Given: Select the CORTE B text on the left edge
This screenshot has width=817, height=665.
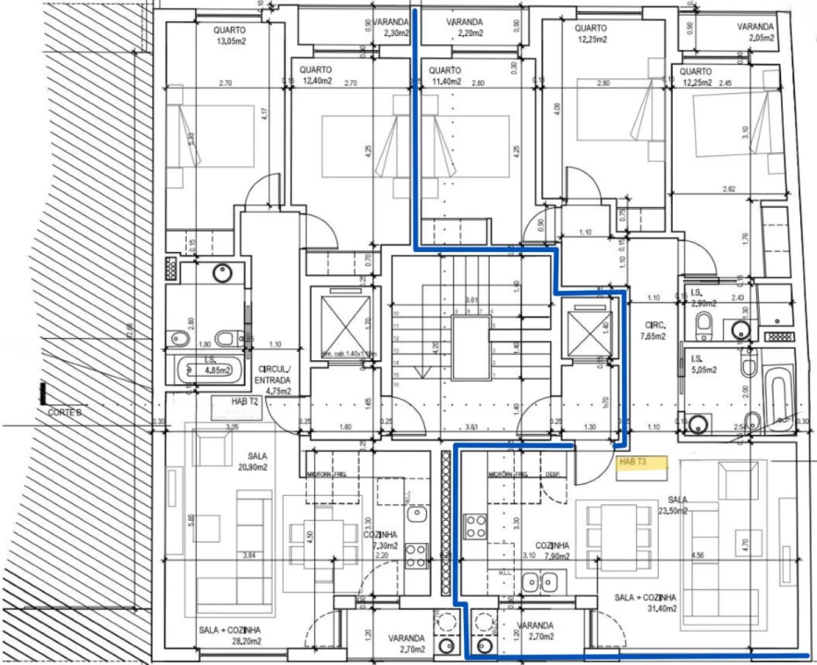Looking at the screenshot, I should coord(65,412).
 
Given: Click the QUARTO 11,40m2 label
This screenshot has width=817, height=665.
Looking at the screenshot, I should coord(445,77).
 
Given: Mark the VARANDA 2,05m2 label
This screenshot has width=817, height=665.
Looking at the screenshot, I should coord(755,33).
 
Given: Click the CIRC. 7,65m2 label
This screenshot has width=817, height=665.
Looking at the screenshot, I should coord(656,331).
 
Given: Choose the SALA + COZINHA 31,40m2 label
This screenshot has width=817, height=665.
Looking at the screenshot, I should coord(645,602).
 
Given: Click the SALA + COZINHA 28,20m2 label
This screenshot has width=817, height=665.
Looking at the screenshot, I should coord(228,635).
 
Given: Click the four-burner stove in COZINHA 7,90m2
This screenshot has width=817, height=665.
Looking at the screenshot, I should coord(476,526).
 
